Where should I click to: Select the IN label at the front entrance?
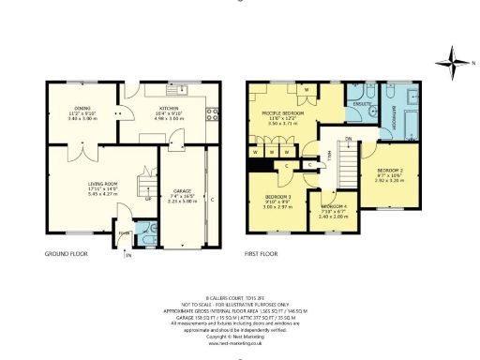[x=128, y=255]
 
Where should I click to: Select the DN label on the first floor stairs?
[x=348, y=140]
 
